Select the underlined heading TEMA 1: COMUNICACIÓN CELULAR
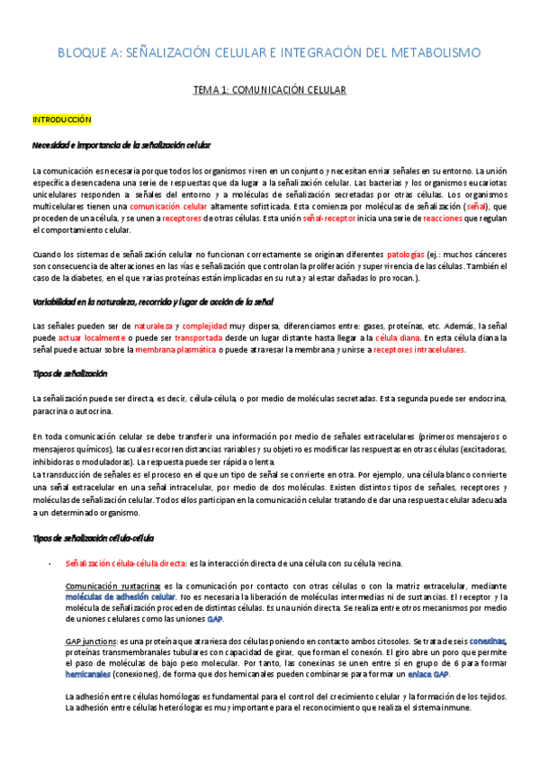point(270,91)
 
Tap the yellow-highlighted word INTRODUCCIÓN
point(62,119)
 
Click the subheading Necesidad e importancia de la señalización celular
point(121,145)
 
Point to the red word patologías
point(410,254)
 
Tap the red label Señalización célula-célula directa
point(126,562)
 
